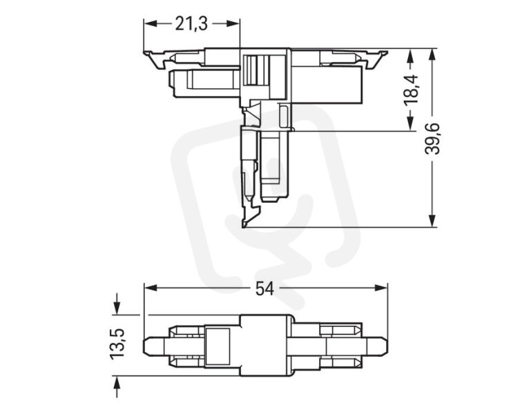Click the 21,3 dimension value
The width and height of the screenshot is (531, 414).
click(x=191, y=24)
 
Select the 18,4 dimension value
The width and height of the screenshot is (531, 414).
click(x=412, y=90)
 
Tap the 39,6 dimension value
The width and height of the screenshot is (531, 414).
click(x=432, y=139)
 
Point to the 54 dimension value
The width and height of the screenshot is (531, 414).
click(x=264, y=288)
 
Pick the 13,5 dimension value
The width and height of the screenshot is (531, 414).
click(x=117, y=342)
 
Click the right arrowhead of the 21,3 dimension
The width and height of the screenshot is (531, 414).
click(x=232, y=23)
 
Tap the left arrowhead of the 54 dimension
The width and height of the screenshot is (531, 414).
click(x=151, y=288)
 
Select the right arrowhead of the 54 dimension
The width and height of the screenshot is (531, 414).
click(x=380, y=288)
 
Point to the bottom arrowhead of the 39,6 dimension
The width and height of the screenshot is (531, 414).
click(x=432, y=220)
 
